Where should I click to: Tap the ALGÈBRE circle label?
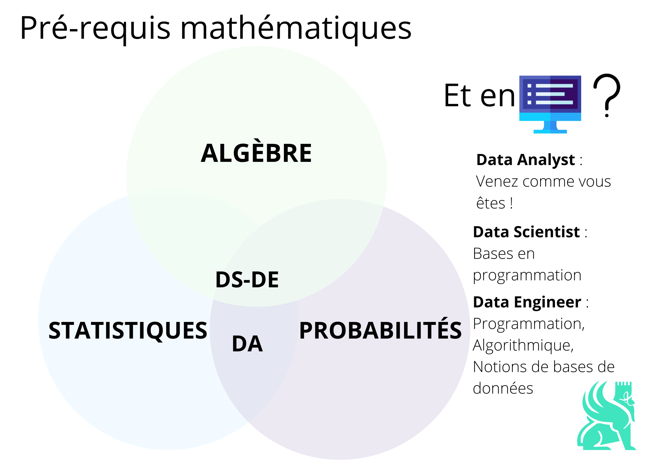tap(256, 153)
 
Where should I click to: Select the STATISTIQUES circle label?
tap(128, 331)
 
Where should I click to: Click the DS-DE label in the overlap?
tap(247, 280)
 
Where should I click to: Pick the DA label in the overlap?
tap(247, 344)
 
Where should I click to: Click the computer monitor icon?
tap(550, 104)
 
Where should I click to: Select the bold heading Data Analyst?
tap(525, 160)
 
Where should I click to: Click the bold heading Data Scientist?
tap(526, 232)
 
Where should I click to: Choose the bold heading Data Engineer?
tap(527, 302)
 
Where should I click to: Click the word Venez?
tap(497, 182)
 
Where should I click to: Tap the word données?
tap(503, 388)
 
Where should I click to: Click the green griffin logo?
tap(606, 416)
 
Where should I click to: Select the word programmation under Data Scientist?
tap(527, 275)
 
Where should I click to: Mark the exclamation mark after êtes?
tap(511, 203)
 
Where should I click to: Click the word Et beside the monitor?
tap(457, 95)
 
